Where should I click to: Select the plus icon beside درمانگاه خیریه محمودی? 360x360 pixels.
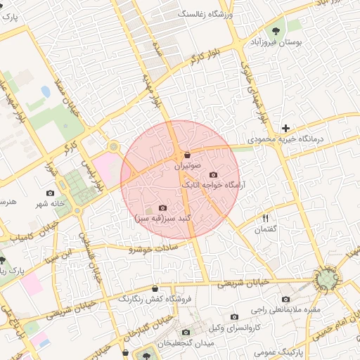pos(285,128)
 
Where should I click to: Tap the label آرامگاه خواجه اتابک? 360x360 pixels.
pos(211,186)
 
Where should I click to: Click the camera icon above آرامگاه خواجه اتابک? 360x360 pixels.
pos(214,174)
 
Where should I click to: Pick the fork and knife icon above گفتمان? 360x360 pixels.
pos(266,218)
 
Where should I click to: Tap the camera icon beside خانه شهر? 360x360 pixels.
pos(49,193)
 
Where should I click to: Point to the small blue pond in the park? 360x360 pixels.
pos(46,91)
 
